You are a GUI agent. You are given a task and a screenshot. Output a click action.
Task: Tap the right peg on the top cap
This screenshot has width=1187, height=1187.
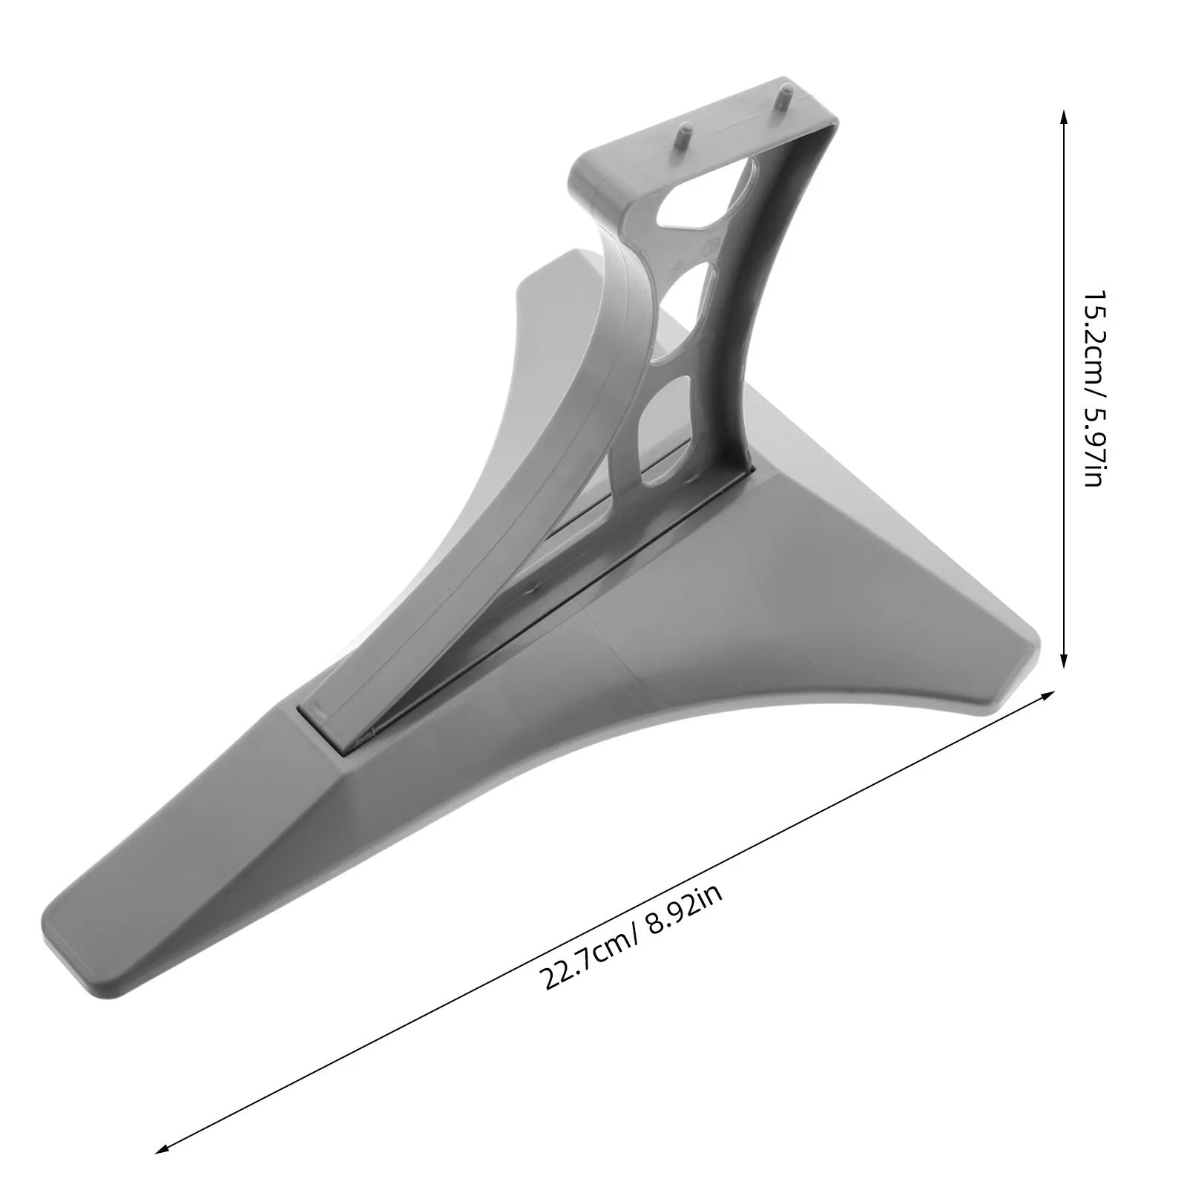click(x=782, y=100)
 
